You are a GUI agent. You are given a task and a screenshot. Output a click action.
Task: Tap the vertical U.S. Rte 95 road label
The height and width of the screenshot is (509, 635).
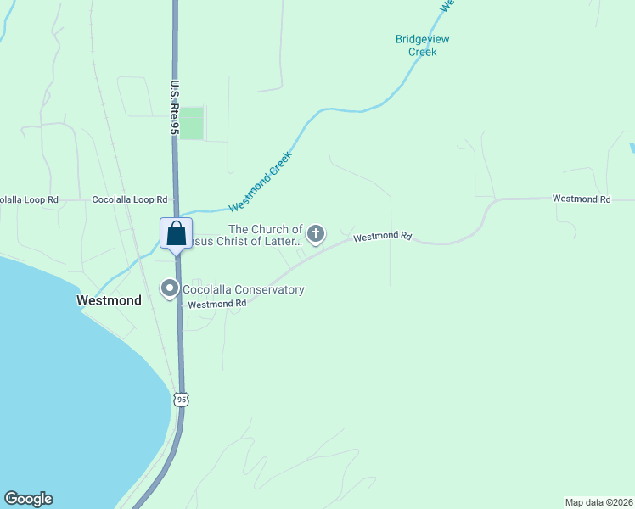click(174, 108)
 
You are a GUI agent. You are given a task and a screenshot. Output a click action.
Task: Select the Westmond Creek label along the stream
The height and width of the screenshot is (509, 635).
click(261, 181)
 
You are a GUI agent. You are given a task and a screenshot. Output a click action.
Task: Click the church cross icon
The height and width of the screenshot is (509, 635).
click(316, 233)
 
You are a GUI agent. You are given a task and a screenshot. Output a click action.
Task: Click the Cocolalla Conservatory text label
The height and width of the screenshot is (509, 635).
click(244, 290)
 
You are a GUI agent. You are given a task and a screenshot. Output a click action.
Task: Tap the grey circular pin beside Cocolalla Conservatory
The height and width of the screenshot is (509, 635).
click(170, 289)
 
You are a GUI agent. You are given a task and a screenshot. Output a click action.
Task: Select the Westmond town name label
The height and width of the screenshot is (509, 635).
click(108, 300)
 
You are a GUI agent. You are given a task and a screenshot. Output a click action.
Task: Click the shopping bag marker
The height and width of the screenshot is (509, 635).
click(176, 233)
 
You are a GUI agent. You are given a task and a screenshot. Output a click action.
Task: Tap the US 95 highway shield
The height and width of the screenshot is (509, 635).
click(182, 399)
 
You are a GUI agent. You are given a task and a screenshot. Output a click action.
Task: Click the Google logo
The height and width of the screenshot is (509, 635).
click(28, 499)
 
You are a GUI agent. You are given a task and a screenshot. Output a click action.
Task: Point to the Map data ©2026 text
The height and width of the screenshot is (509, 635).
click(598, 501)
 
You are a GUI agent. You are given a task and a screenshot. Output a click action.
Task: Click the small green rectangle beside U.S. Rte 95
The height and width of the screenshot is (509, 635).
click(193, 123)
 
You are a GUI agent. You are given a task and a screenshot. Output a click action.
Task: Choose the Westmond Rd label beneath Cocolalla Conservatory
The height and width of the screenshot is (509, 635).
click(210, 305)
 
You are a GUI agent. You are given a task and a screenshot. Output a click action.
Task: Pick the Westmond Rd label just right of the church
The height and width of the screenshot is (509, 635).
click(382, 238)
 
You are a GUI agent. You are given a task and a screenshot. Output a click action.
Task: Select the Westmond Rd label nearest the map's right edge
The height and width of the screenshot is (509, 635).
click(582, 199)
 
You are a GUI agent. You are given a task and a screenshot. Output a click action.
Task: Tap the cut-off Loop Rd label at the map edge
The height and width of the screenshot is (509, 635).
click(29, 199)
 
